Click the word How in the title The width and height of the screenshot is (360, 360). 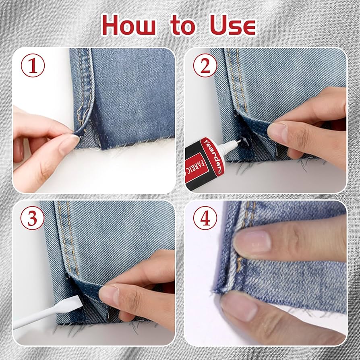click(x=129, y=26)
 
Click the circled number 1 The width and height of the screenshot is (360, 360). click(x=32, y=66)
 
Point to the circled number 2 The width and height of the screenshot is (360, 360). click(x=205, y=66)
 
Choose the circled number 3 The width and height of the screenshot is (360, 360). click(x=32, y=218)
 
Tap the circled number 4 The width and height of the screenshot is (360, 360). click(x=205, y=218)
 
